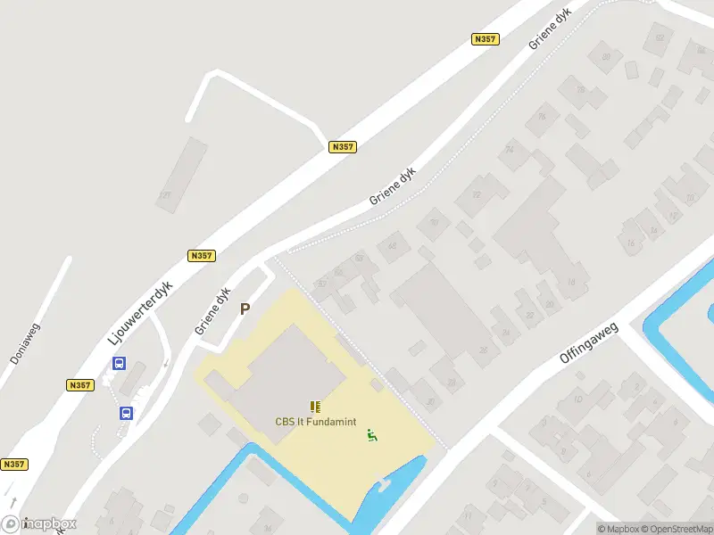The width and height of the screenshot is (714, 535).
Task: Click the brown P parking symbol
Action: click(x=245, y=309)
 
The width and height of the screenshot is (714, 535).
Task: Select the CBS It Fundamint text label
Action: click(x=313, y=422)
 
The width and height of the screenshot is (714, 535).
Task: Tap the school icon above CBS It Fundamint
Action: click(x=314, y=407)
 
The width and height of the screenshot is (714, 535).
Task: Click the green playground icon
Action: click(x=370, y=435)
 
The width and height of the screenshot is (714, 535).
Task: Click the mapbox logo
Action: click(x=39, y=524)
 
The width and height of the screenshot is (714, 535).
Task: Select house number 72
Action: click(x=477, y=194)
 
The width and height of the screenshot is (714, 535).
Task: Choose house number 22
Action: click(x=530, y=316)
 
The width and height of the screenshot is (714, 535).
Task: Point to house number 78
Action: click(x=580, y=89)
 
